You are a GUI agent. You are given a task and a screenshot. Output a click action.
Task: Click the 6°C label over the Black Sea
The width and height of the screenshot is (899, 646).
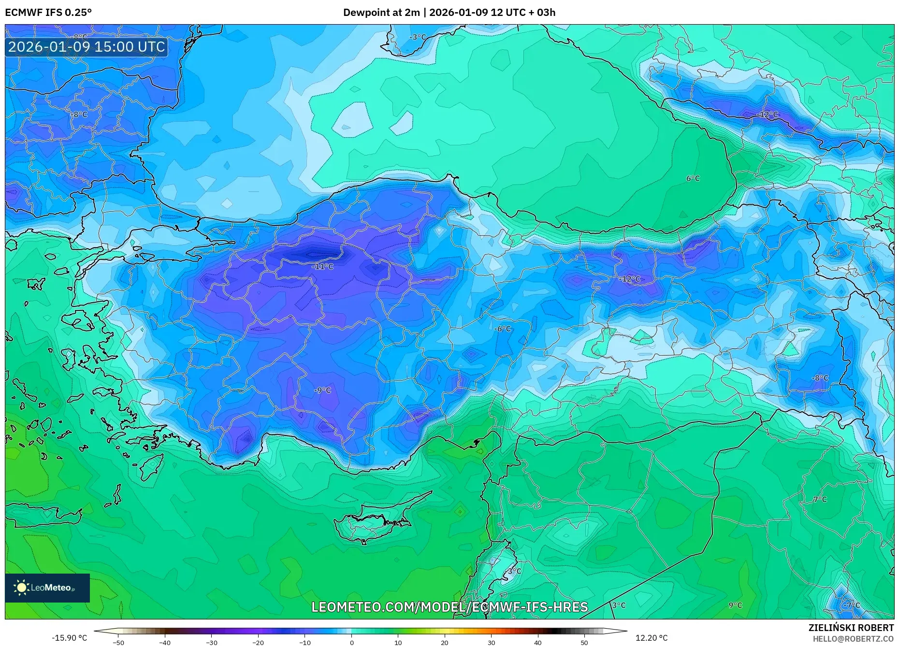coord(693,179)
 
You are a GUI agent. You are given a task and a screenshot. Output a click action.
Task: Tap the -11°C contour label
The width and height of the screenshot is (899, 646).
coord(322,267)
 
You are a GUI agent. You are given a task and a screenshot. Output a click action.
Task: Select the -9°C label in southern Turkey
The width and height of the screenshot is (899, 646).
coord(322,390)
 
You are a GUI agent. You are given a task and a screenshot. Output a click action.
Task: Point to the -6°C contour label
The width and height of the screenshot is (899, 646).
coord(503,329)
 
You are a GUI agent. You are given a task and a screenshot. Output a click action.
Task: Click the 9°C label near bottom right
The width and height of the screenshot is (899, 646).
coord(735,605)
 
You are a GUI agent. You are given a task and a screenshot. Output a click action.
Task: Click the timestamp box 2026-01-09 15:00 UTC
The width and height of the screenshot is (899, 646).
coord(87,47)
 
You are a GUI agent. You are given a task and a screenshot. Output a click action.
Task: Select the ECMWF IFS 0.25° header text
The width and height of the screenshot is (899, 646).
coord(48,13)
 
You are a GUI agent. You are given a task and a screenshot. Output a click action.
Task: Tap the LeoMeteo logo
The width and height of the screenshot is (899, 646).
coord(47,588)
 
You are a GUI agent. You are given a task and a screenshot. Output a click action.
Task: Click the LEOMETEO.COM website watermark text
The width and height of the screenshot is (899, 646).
coord(449,607)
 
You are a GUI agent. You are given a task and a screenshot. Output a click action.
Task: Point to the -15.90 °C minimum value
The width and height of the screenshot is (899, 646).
coord(69,638)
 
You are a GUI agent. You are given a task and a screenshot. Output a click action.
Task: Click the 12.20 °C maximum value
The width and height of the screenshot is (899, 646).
coord(651,638)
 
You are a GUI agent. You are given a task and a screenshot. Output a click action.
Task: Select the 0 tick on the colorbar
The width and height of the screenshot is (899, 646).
coord(352,642)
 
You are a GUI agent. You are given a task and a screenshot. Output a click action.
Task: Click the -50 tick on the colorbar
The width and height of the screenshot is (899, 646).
coord(118,642)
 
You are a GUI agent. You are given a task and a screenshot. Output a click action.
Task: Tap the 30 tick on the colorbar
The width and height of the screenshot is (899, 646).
coord(491,642)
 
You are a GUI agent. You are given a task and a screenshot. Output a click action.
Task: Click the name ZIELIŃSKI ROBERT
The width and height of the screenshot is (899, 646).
coord(851,628)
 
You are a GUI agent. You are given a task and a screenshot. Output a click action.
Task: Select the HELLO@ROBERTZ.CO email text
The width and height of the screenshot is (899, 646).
coord(853,639)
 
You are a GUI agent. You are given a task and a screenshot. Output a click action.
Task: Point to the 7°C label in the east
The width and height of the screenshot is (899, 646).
coord(820,500)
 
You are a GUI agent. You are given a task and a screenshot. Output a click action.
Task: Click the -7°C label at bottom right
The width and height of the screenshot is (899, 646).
coord(852,605)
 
